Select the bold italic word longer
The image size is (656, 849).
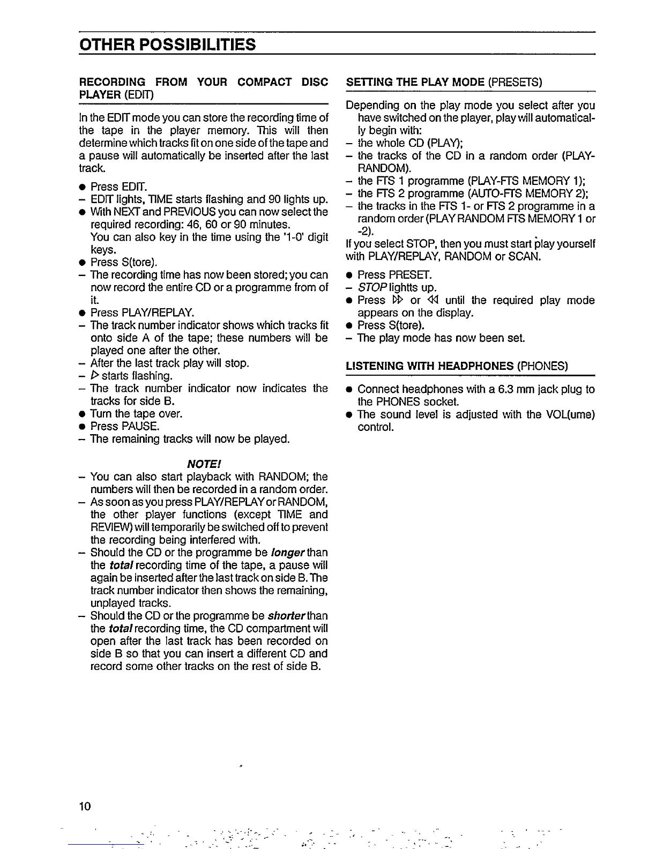[x=290, y=553]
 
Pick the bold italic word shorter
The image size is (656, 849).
[x=293, y=616]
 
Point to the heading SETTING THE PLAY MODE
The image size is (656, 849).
[x=415, y=82]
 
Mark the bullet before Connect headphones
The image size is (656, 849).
[x=349, y=390]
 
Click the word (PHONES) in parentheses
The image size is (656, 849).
[x=542, y=366]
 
